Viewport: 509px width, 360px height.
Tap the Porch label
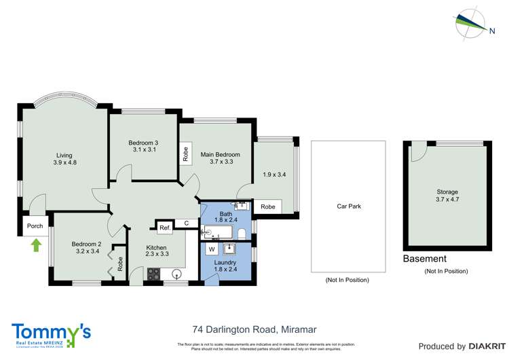pos(35,227)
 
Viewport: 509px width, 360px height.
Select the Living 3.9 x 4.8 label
pos(64,159)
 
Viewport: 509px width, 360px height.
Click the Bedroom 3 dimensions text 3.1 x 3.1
pos(143,149)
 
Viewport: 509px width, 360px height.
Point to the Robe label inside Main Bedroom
pos(185,154)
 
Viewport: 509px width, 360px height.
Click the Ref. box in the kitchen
pos(164,228)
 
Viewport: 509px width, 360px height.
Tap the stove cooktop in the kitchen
pos(153,274)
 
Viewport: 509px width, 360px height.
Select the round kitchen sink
pos(176,275)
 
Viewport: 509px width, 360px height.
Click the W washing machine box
pos(212,249)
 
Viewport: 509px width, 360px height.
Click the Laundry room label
pos(225,262)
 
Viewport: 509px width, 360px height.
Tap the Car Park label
pos(348,206)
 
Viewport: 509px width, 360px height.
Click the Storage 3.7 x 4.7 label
pos(447,196)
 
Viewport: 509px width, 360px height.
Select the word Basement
pos(424,259)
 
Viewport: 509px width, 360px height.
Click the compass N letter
pos(491,29)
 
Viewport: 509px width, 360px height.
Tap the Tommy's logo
pos(51,334)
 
